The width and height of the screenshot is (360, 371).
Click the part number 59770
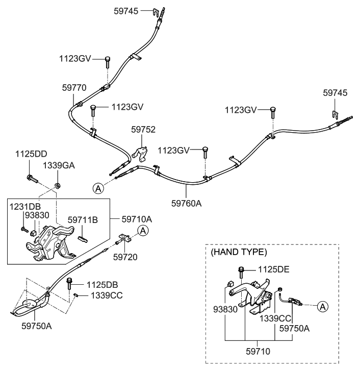(75, 87)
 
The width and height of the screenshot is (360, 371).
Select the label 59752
(143, 130)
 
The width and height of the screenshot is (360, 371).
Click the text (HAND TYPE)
(239, 252)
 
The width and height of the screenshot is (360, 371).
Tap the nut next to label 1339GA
(58, 184)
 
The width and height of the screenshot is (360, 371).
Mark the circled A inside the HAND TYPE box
(322, 306)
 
